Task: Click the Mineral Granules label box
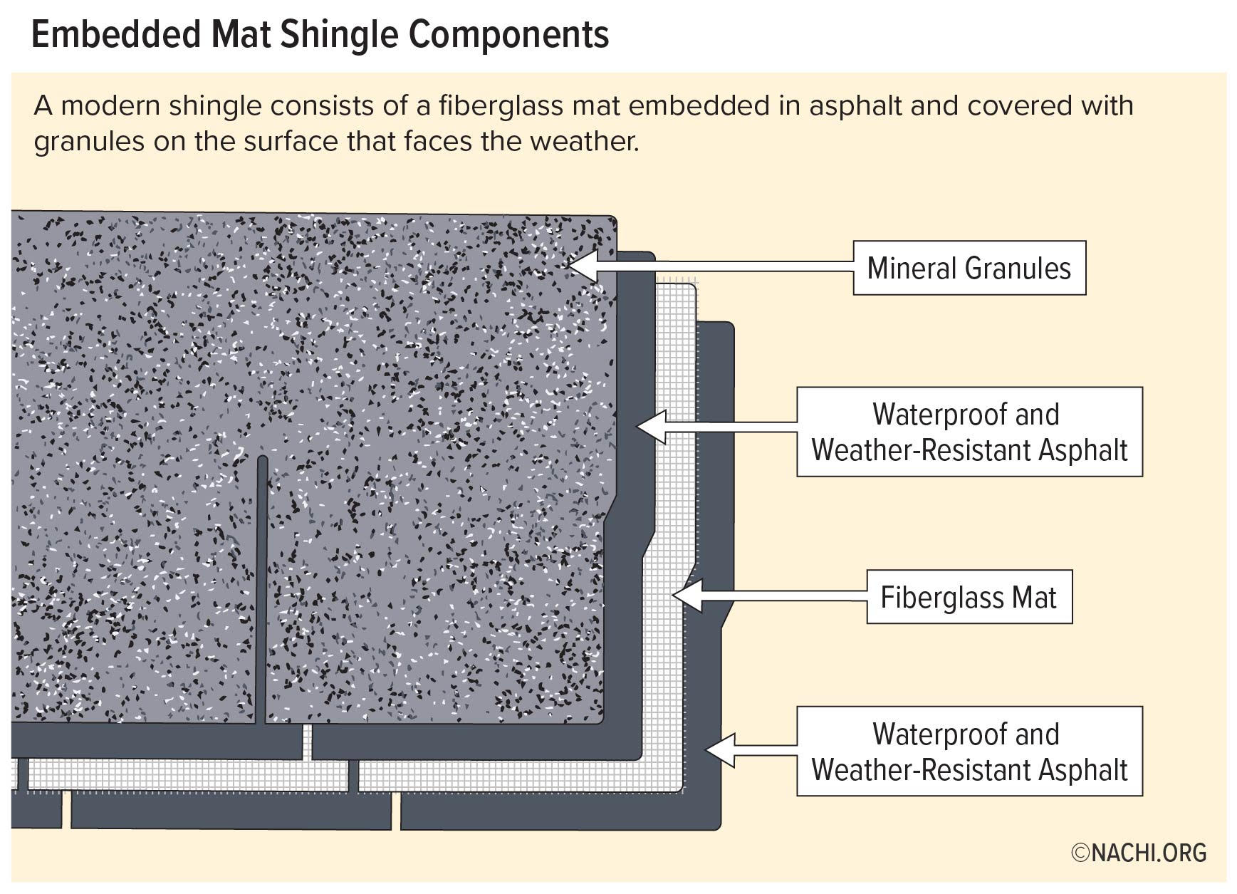click(x=969, y=268)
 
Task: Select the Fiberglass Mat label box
click(x=969, y=597)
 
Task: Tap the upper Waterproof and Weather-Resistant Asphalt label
click(x=969, y=432)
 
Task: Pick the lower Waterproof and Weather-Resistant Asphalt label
click(x=969, y=752)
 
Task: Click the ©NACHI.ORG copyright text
click(x=1139, y=853)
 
